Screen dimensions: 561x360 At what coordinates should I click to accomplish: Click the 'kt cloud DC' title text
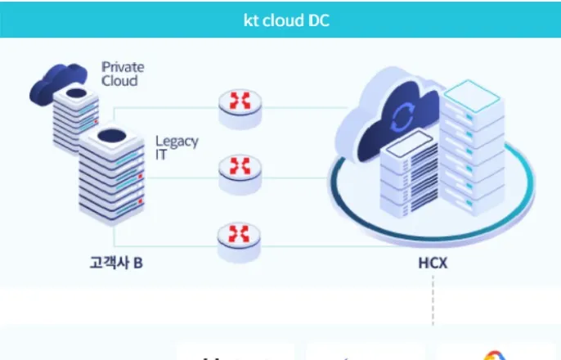(286, 20)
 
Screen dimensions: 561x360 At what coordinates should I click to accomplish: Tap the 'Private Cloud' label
(123, 74)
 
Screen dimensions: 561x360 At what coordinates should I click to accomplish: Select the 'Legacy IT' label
(177, 147)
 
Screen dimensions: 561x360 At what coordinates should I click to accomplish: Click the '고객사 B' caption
(116, 263)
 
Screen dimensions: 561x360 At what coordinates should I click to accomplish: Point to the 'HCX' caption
(433, 263)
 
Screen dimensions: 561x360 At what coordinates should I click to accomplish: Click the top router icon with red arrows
(240, 109)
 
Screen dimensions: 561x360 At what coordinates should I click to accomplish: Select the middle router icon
(240, 174)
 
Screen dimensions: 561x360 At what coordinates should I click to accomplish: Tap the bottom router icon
(239, 242)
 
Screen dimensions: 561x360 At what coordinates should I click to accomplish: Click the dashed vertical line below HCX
(433, 300)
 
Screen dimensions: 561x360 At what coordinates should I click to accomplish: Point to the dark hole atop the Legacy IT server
(111, 136)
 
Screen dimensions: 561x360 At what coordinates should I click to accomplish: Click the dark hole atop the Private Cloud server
(76, 93)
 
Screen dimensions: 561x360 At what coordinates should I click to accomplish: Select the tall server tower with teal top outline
(472, 147)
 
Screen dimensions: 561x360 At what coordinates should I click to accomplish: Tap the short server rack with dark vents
(409, 174)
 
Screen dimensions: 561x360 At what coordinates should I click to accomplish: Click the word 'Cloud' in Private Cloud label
(119, 81)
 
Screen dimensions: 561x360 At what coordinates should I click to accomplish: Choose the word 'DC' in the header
(318, 20)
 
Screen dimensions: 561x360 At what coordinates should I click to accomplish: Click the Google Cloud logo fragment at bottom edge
(494, 355)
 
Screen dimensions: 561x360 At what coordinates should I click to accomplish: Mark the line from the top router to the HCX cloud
(305, 107)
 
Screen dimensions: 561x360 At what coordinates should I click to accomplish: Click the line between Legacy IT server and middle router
(182, 178)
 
